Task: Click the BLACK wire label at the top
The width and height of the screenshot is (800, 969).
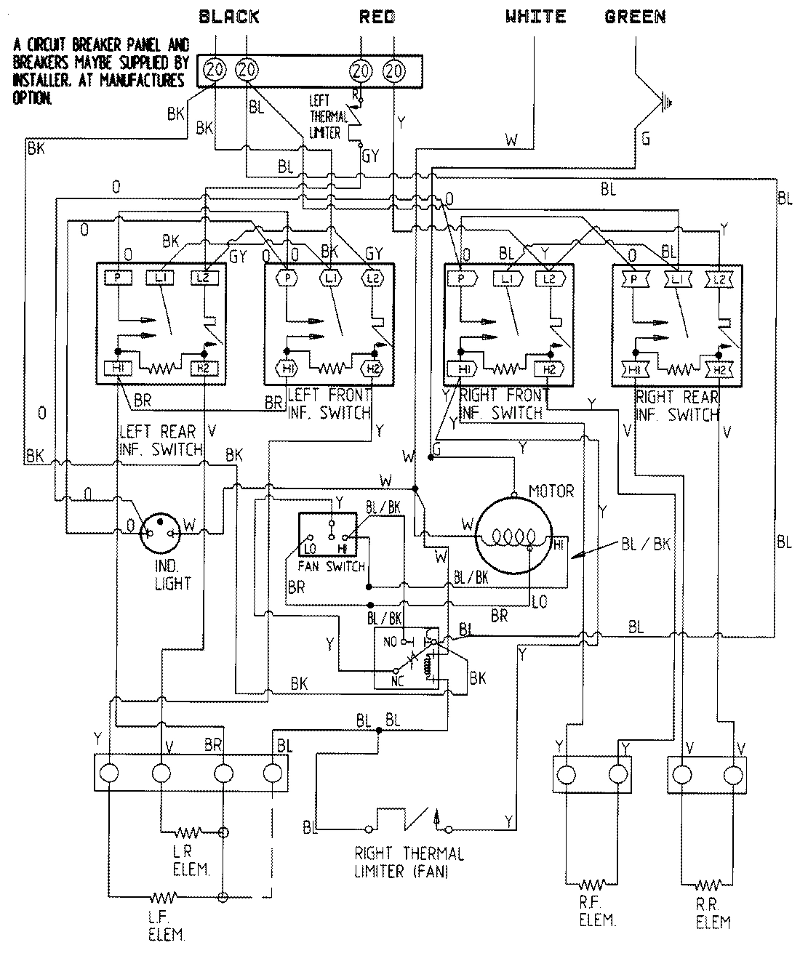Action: (x=228, y=16)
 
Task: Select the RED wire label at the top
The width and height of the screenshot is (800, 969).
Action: (x=377, y=16)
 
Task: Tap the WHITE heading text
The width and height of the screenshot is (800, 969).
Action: (x=536, y=16)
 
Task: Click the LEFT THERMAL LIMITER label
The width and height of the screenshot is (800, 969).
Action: (x=324, y=116)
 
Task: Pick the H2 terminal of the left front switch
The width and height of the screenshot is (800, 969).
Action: (x=373, y=369)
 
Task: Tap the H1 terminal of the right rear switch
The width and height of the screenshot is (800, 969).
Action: (x=634, y=369)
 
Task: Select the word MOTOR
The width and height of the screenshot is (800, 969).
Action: (x=551, y=491)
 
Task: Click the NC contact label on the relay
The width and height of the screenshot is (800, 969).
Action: (x=397, y=682)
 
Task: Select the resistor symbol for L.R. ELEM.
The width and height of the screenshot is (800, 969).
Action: (x=191, y=831)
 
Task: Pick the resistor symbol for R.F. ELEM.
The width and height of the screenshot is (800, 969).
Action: (x=593, y=885)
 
